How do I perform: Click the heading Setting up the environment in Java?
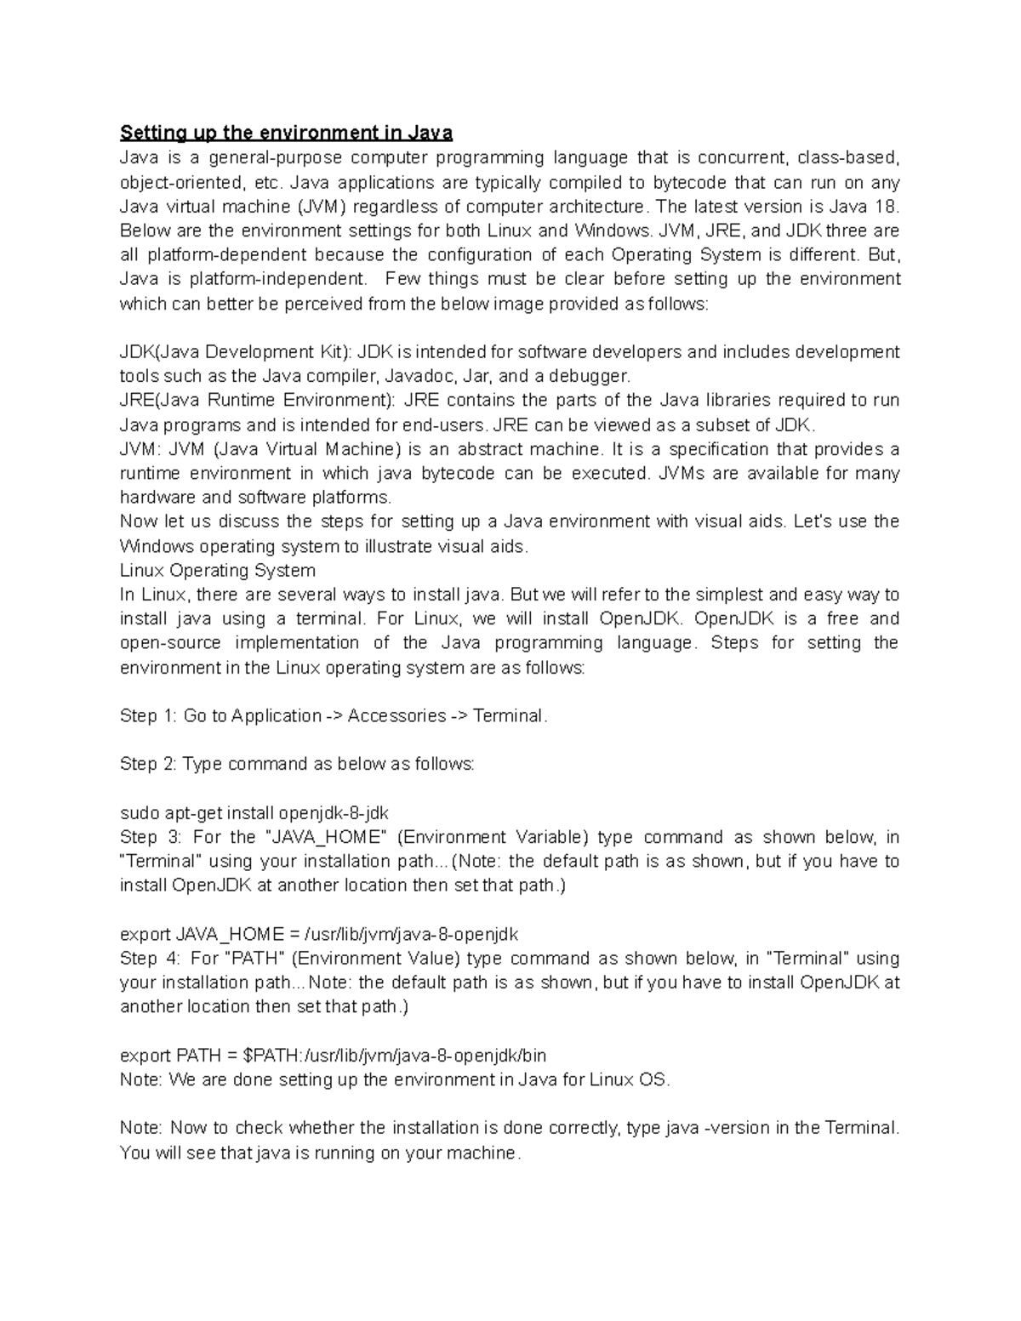[x=286, y=133]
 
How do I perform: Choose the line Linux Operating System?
[x=218, y=570]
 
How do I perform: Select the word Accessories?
[x=396, y=716]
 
